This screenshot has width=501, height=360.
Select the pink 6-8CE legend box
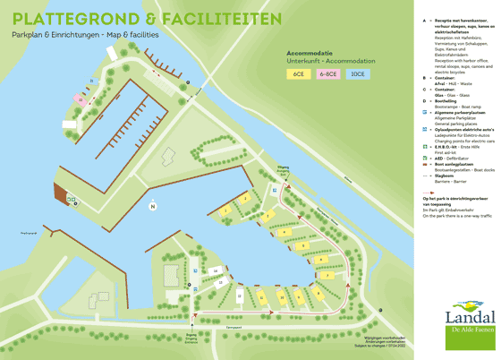pos(328,74)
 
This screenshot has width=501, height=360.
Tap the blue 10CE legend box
pos(358,74)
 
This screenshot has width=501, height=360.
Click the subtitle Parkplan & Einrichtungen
pos(54,34)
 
